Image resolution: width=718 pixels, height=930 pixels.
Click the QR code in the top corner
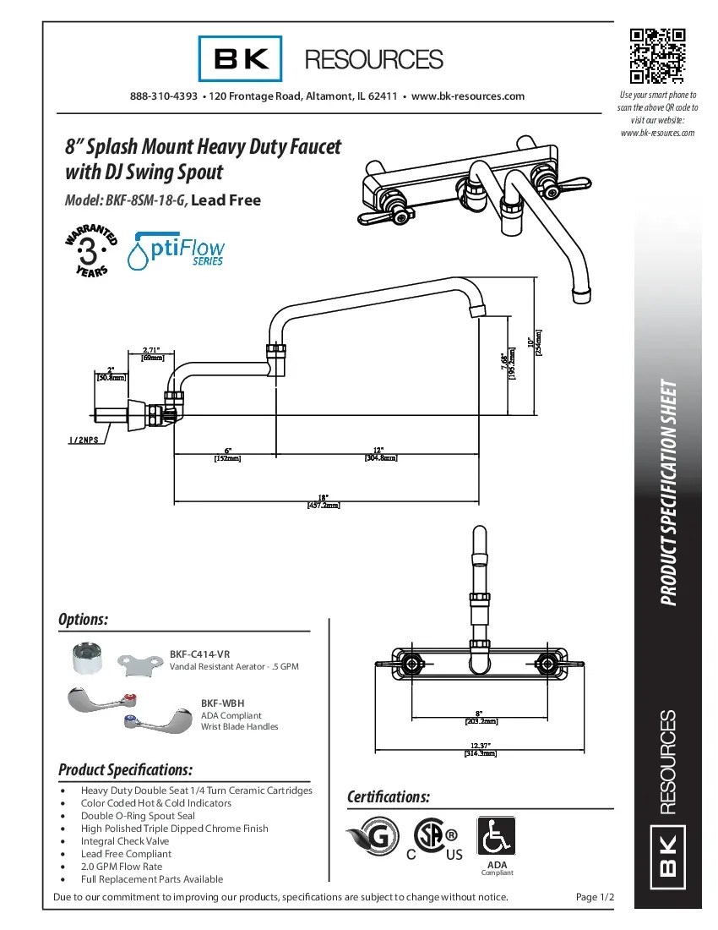[x=658, y=57]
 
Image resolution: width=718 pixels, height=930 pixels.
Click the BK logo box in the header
[x=240, y=58]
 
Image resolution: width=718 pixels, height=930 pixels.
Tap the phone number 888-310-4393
[x=164, y=96]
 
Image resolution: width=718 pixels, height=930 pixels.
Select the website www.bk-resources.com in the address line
[x=467, y=96]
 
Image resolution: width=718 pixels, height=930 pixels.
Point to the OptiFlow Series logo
[x=176, y=250]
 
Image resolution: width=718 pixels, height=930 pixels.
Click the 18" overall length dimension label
[x=323, y=501]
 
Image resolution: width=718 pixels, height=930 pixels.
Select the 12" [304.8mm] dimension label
[x=380, y=454]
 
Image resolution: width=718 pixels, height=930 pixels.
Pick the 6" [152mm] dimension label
[x=226, y=454]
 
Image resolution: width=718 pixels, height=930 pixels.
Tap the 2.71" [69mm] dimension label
[x=152, y=353]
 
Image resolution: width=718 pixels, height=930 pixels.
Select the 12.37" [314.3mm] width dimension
[x=480, y=749]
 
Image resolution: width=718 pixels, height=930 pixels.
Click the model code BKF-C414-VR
[x=199, y=654]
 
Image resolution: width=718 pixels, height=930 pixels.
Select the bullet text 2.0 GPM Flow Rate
[x=121, y=867]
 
